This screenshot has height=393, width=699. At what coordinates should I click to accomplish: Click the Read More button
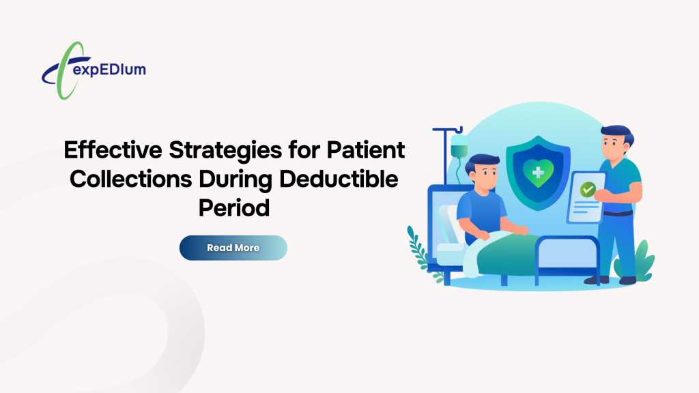pos(233,248)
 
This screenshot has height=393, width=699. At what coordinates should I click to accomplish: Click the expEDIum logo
pos(94,70)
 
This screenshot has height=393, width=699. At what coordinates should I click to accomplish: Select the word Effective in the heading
pos(113,149)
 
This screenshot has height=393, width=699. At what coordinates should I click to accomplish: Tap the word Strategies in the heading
pos(225,151)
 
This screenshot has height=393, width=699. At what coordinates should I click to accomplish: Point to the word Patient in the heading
pos(366,149)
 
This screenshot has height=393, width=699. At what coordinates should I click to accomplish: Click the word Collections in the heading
pos(130,179)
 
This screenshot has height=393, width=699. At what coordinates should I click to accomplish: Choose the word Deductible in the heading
pos(339,179)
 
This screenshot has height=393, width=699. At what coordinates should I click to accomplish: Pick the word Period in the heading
pos(234,208)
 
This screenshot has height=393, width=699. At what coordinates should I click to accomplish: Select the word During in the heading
pos(236,180)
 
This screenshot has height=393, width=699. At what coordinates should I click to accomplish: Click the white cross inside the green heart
pos(538,173)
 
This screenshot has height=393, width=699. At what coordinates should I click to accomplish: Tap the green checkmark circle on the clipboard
pos(588,190)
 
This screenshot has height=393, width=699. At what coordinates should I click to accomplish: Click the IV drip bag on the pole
pos(459,146)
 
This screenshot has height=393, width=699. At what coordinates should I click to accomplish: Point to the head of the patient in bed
pos(483,172)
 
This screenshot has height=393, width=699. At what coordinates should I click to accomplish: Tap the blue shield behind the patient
pos(538,173)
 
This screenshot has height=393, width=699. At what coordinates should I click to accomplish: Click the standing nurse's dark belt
pos(618,214)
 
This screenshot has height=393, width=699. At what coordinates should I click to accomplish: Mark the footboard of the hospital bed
pos(567,259)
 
